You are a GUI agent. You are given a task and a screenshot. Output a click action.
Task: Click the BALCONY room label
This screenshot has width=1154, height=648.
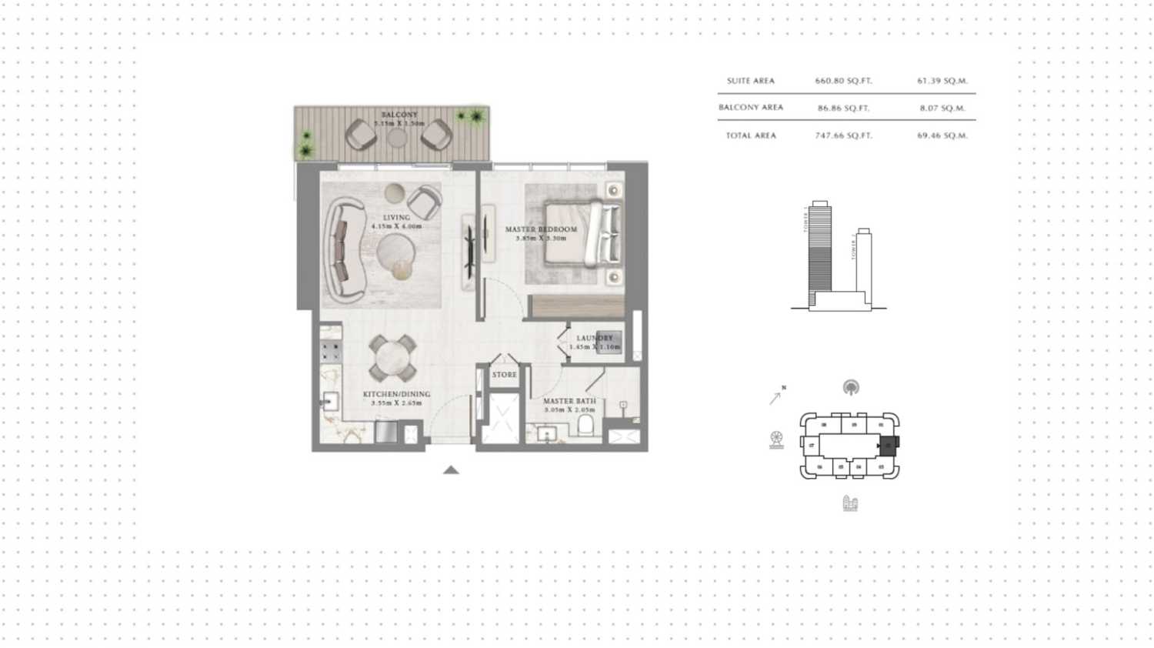(x=399, y=115)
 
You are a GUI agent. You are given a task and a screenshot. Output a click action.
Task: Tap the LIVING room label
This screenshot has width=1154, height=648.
(x=397, y=218)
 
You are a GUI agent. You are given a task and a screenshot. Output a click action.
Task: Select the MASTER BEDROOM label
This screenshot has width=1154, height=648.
(x=541, y=229)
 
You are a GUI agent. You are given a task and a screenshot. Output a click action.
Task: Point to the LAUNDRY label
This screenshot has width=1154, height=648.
(x=595, y=338)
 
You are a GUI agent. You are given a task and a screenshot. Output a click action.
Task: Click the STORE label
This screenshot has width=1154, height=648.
(x=505, y=375)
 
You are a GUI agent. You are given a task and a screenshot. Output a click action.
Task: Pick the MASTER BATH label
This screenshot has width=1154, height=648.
(x=569, y=401)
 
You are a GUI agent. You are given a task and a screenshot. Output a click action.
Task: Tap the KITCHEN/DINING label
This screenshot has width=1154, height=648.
(x=397, y=394)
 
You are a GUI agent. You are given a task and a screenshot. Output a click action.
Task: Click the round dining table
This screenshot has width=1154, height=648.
(x=393, y=358)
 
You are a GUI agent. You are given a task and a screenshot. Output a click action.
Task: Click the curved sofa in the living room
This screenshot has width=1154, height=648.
(x=341, y=250)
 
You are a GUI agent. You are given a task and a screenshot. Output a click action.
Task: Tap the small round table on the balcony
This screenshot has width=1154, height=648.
(x=397, y=138)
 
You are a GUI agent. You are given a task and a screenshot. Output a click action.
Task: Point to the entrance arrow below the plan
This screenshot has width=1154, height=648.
(x=451, y=469)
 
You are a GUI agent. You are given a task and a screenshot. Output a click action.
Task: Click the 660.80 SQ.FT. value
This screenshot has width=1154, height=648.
(x=843, y=81)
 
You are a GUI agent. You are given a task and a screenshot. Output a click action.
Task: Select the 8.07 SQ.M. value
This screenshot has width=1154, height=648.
(x=942, y=109)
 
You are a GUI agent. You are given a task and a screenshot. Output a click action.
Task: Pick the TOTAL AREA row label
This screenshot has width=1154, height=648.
(x=751, y=135)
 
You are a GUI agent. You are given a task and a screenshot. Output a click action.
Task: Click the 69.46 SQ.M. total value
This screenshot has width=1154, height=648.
(x=942, y=135)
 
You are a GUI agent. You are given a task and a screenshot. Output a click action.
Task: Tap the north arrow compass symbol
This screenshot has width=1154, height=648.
(x=776, y=396)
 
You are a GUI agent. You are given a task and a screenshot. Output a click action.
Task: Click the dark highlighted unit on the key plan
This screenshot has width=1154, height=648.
(x=889, y=445)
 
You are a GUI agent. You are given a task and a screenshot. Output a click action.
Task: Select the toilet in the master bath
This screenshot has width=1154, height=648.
(x=585, y=425)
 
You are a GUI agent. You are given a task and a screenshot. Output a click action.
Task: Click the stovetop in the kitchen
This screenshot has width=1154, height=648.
(x=331, y=352)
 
